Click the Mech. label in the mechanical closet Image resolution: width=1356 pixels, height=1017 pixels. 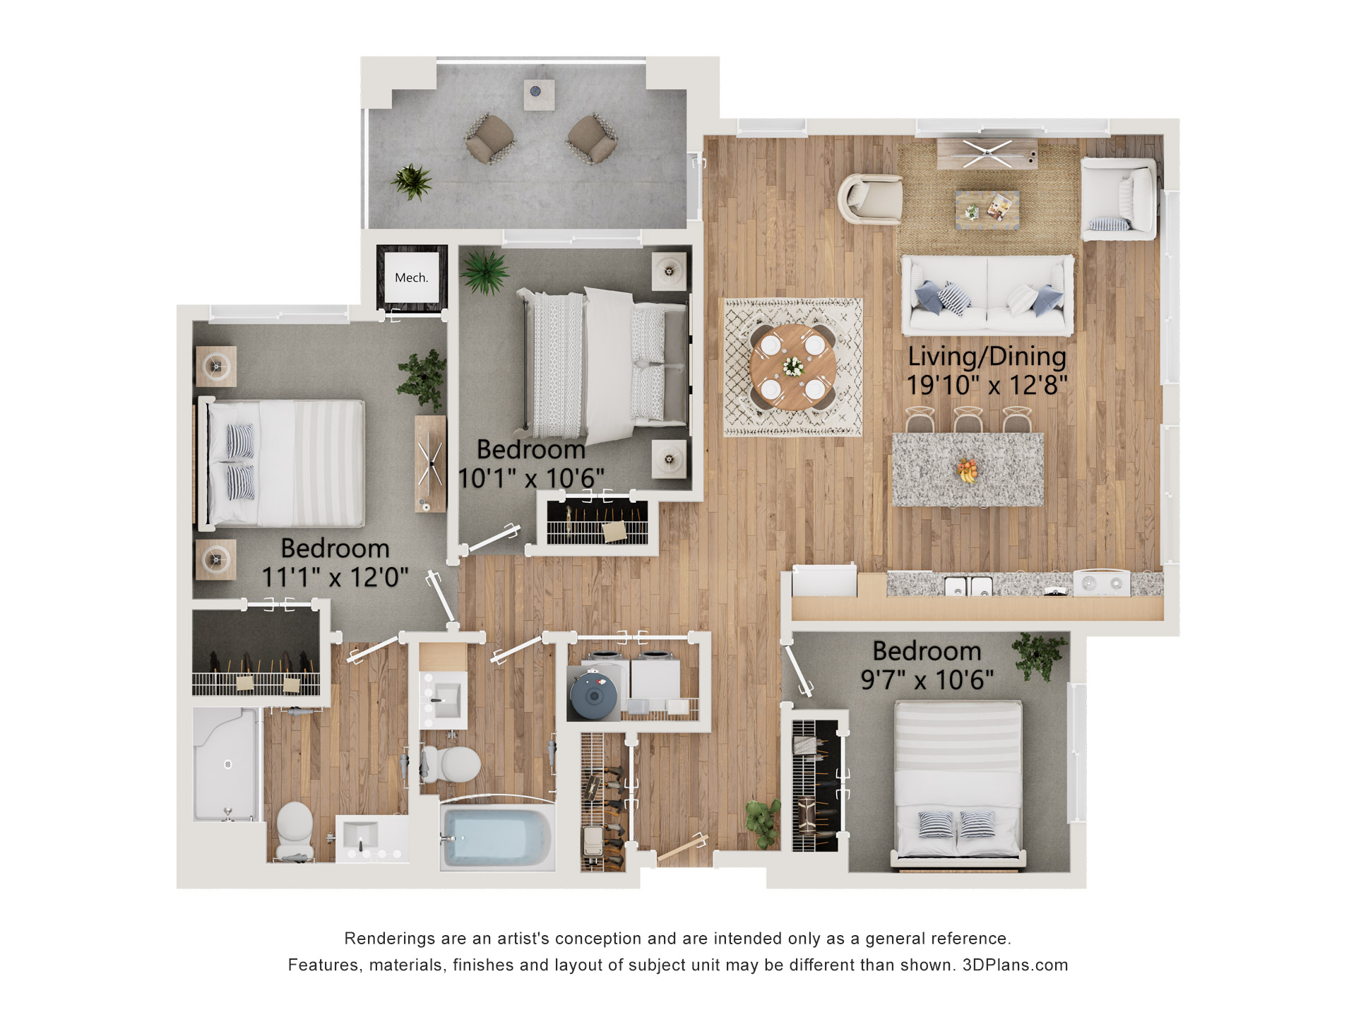pyautogui.click(x=411, y=278)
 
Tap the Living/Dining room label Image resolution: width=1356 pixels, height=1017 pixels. pyautogui.click(x=987, y=357)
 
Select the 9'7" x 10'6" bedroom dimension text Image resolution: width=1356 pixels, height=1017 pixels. pyautogui.click(x=927, y=680)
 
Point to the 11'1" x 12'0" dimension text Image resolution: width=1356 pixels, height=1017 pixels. pyautogui.click(x=335, y=577)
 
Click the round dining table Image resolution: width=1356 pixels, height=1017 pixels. pyautogui.click(x=792, y=367)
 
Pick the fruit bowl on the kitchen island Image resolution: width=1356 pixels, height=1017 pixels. pyautogui.click(x=968, y=470)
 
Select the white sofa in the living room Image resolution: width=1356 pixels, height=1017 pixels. pyautogui.click(x=987, y=295)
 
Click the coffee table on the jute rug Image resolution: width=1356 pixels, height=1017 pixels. pyautogui.click(x=987, y=210)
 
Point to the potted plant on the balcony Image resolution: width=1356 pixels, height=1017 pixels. pyautogui.click(x=412, y=182)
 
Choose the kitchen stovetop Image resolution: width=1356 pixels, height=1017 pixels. pyautogui.click(x=1101, y=583)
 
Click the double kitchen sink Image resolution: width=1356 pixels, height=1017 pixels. pyautogui.click(x=968, y=585)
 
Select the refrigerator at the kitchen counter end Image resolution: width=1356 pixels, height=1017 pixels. pyautogui.click(x=824, y=581)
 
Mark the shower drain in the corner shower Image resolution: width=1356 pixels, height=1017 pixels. pyautogui.click(x=227, y=764)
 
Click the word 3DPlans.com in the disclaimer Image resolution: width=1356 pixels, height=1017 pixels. pyautogui.click(x=1015, y=965)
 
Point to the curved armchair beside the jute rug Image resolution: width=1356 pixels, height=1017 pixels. pyautogui.click(x=870, y=199)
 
